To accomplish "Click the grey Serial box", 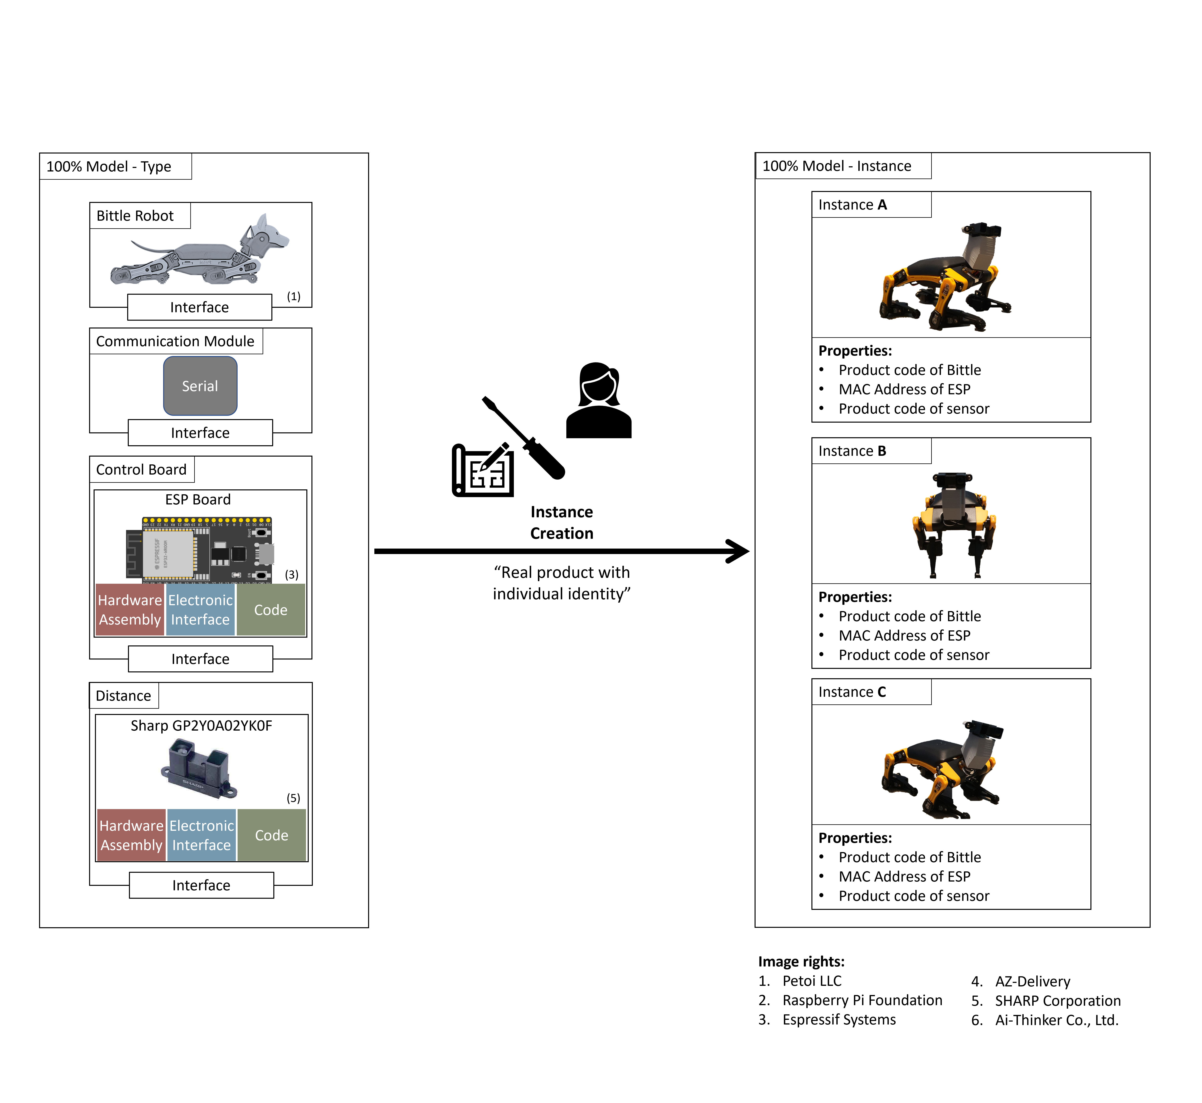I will coord(200,386).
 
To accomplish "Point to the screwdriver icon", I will coord(524,437).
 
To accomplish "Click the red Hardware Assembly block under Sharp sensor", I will coord(131,835).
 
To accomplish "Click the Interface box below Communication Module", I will coord(200,433).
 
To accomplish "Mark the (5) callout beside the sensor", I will coord(293,798).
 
